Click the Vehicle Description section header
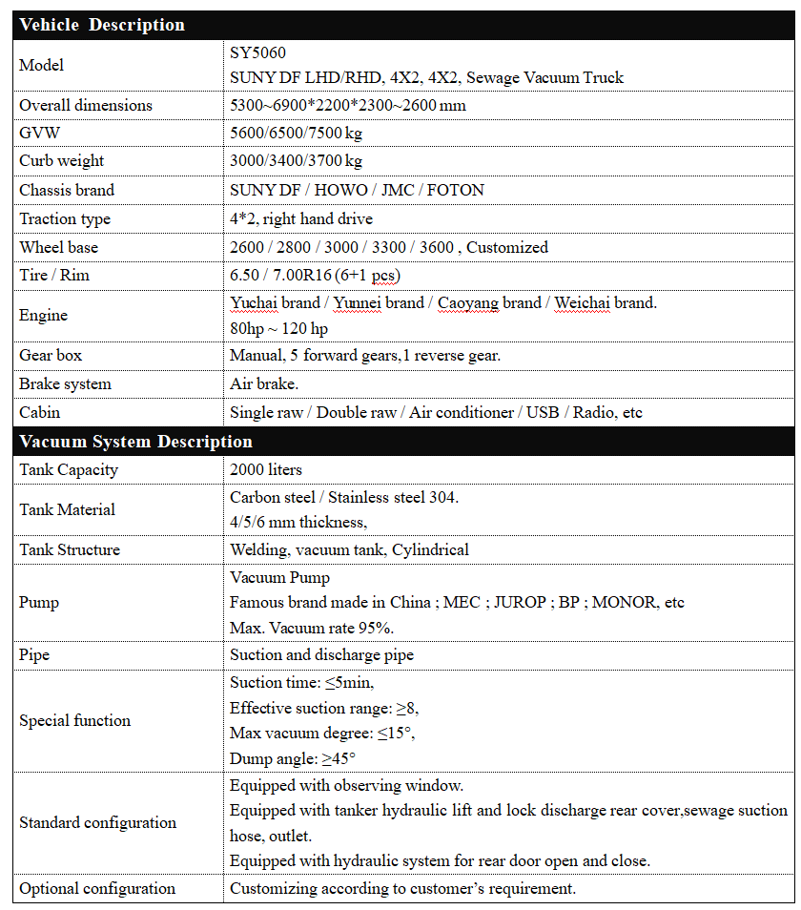[x=102, y=25]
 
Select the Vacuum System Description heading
[x=135, y=442]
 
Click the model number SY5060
[x=257, y=52]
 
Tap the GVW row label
[x=39, y=133]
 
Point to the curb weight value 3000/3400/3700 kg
[x=296, y=161]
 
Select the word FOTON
[x=455, y=190]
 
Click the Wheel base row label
[x=58, y=247]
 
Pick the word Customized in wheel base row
[x=507, y=247]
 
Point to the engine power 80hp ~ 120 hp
[x=278, y=329]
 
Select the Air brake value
[x=264, y=383]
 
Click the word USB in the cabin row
[x=542, y=413]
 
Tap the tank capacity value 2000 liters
[x=266, y=469]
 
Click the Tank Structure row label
[x=70, y=549]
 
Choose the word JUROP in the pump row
[x=520, y=603]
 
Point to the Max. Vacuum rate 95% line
[x=312, y=628]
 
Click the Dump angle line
[x=292, y=758]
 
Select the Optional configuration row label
[x=97, y=888]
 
